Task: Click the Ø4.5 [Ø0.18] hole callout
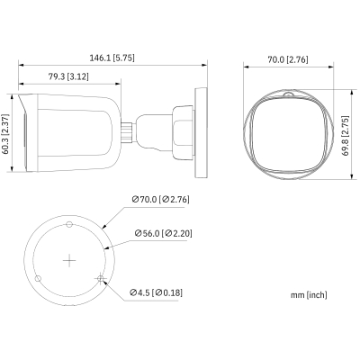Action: pyautogui.click(x=158, y=292)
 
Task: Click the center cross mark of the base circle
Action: pyautogui.click(x=70, y=262)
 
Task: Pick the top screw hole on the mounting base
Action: pyautogui.click(x=70, y=220)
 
